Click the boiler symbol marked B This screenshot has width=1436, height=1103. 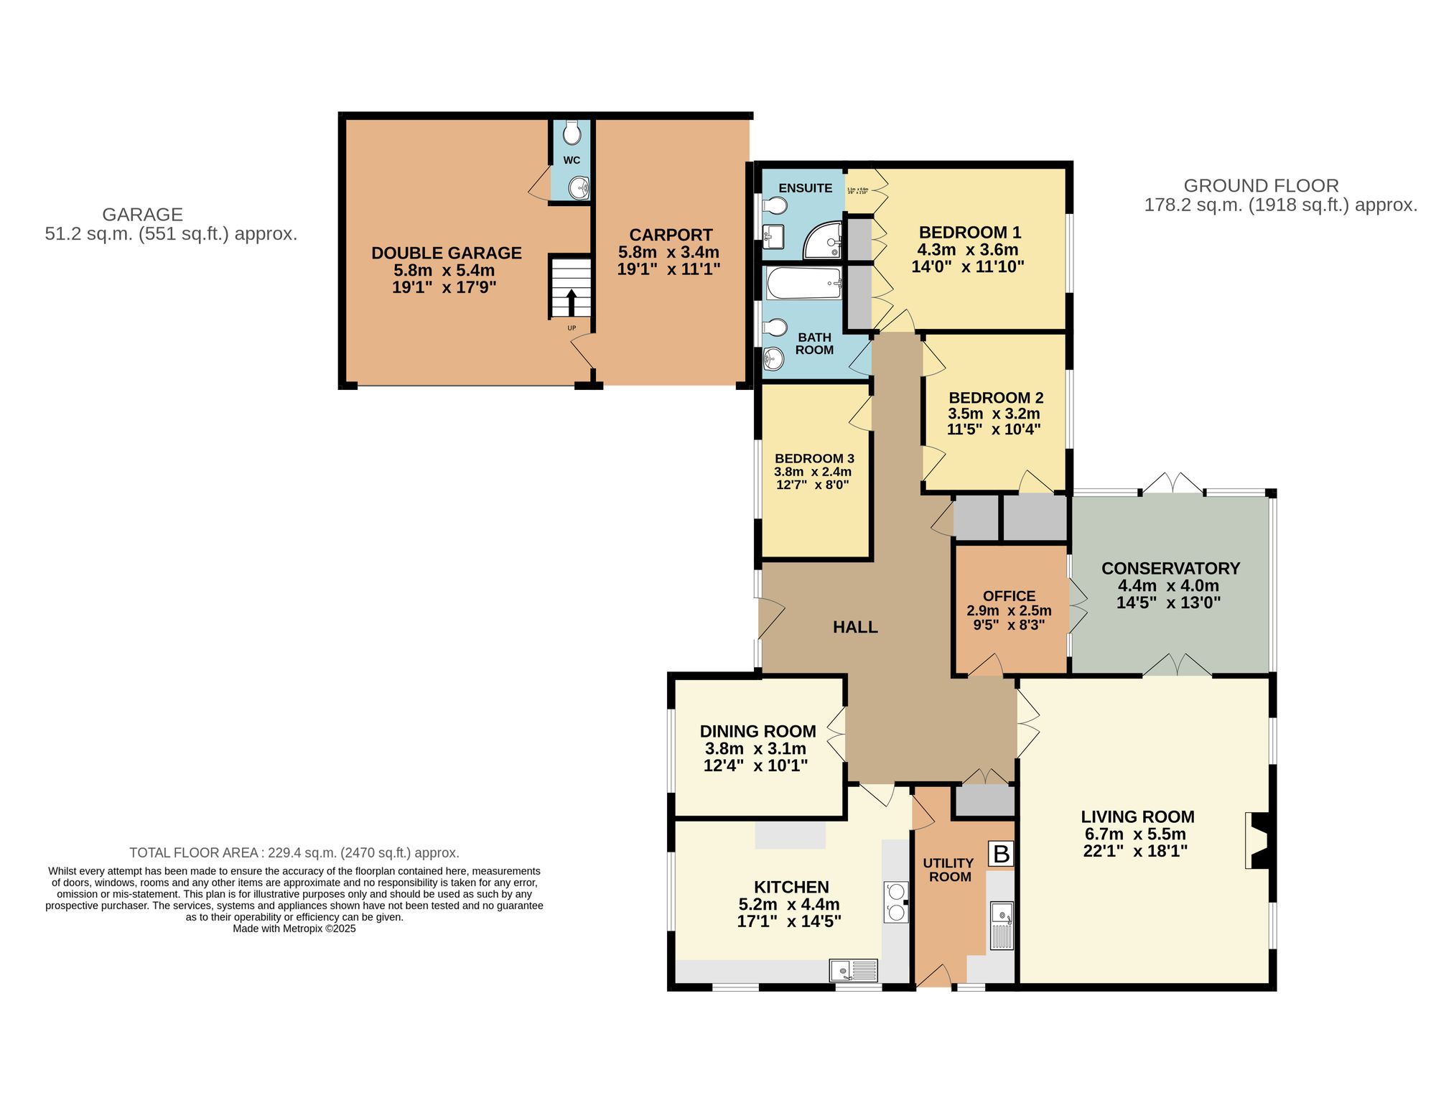[1001, 855]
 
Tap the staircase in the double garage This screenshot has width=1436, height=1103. [571, 287]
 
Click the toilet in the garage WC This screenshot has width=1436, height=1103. [572, 133]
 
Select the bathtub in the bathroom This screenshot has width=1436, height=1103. [803, 284]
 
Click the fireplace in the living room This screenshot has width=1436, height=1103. [1259, 840]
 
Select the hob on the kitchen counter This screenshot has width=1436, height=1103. [895, 902]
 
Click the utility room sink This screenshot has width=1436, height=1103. [1002, 926]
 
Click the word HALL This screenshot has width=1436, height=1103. [855, 628]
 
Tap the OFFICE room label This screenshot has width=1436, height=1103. [1009, 597]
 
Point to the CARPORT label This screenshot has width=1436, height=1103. [671, 236]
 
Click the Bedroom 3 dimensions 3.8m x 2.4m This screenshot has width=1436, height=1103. [812, 472]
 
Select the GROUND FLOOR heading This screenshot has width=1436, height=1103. [1261, 186]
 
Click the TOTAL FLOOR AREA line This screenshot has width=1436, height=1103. [294, 853]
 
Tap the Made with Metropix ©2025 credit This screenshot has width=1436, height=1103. [294, 929]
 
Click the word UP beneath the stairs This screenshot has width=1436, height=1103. [572, 328]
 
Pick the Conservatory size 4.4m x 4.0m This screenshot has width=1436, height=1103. [1168, 586]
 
